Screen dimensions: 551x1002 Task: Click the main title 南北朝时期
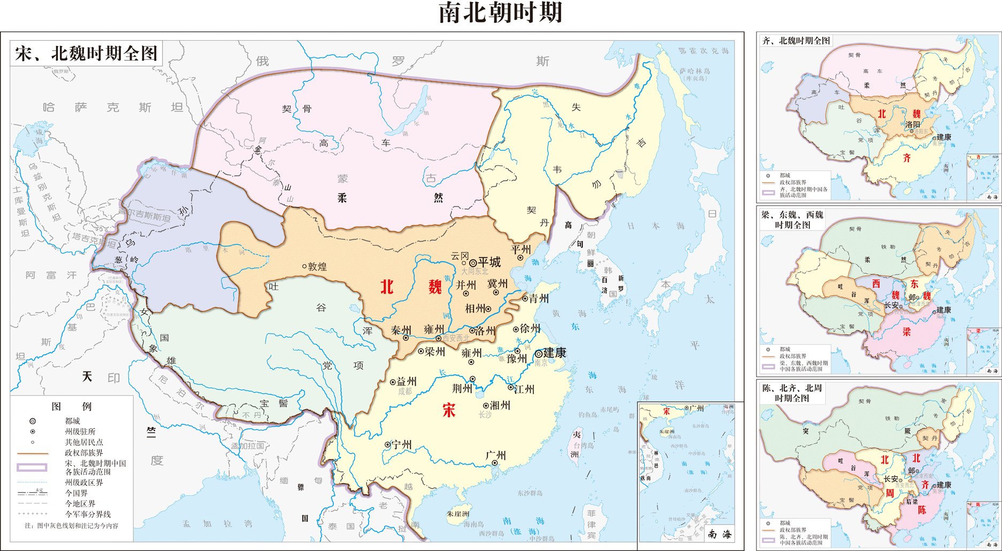(500, 13)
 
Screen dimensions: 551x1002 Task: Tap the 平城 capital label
(489, 262)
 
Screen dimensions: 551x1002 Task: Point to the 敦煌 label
(317, 266)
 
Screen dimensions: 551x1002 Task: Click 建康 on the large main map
(554, 353)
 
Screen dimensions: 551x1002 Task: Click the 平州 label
(521, 249)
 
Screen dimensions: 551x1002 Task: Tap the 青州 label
(539, 299)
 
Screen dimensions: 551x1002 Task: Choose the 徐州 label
(530, 328)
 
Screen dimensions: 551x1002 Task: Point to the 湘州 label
(500, 405)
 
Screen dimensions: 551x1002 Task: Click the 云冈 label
(460, 256)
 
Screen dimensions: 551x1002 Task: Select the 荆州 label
(462, 388)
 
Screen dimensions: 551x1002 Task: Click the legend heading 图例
(72, 407)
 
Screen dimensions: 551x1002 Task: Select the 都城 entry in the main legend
(72, 421)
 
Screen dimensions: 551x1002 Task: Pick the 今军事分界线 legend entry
(88, 514)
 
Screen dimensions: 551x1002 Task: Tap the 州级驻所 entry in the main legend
(80, 432)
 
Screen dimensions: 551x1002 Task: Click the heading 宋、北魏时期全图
(86, 53)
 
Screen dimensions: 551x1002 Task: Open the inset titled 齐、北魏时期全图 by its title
(796, 41)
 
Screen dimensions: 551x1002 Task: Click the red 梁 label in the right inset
(906, 332)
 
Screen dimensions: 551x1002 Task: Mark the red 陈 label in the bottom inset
(922, 510)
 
